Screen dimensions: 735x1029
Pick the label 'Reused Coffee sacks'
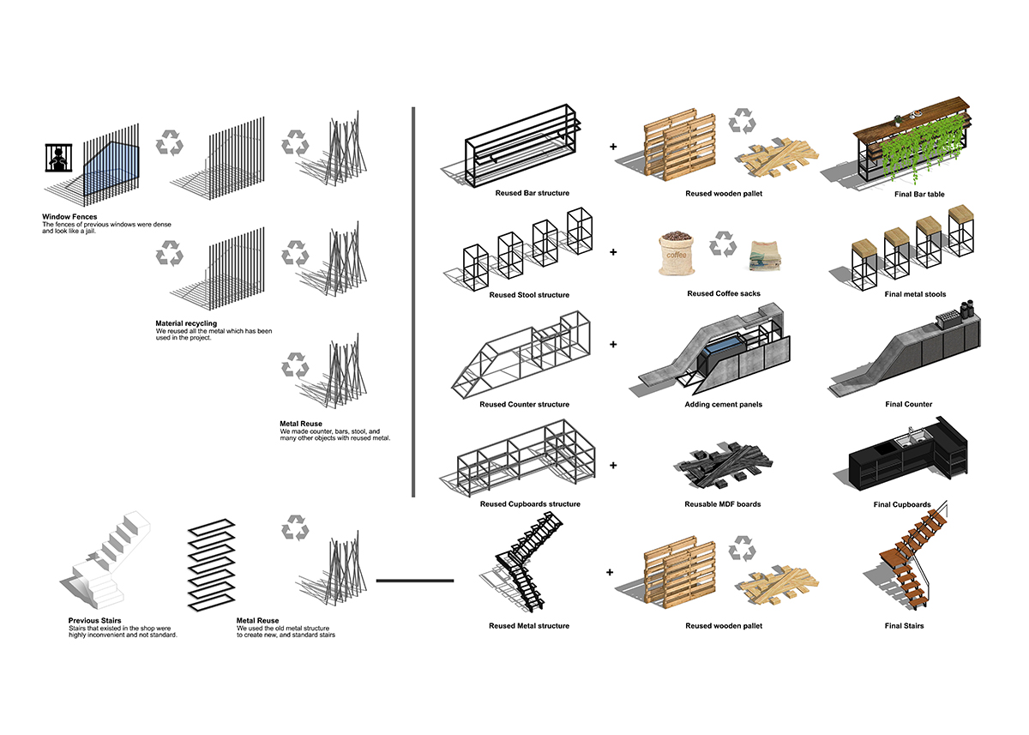(724, 294)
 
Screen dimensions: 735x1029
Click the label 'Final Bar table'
(914, 195)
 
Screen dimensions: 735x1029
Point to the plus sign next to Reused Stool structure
(613, 253)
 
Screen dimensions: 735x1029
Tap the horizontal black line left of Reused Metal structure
(414, 581)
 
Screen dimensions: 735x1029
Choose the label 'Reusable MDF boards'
(723, 504)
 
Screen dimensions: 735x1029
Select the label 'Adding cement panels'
(723, 404)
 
